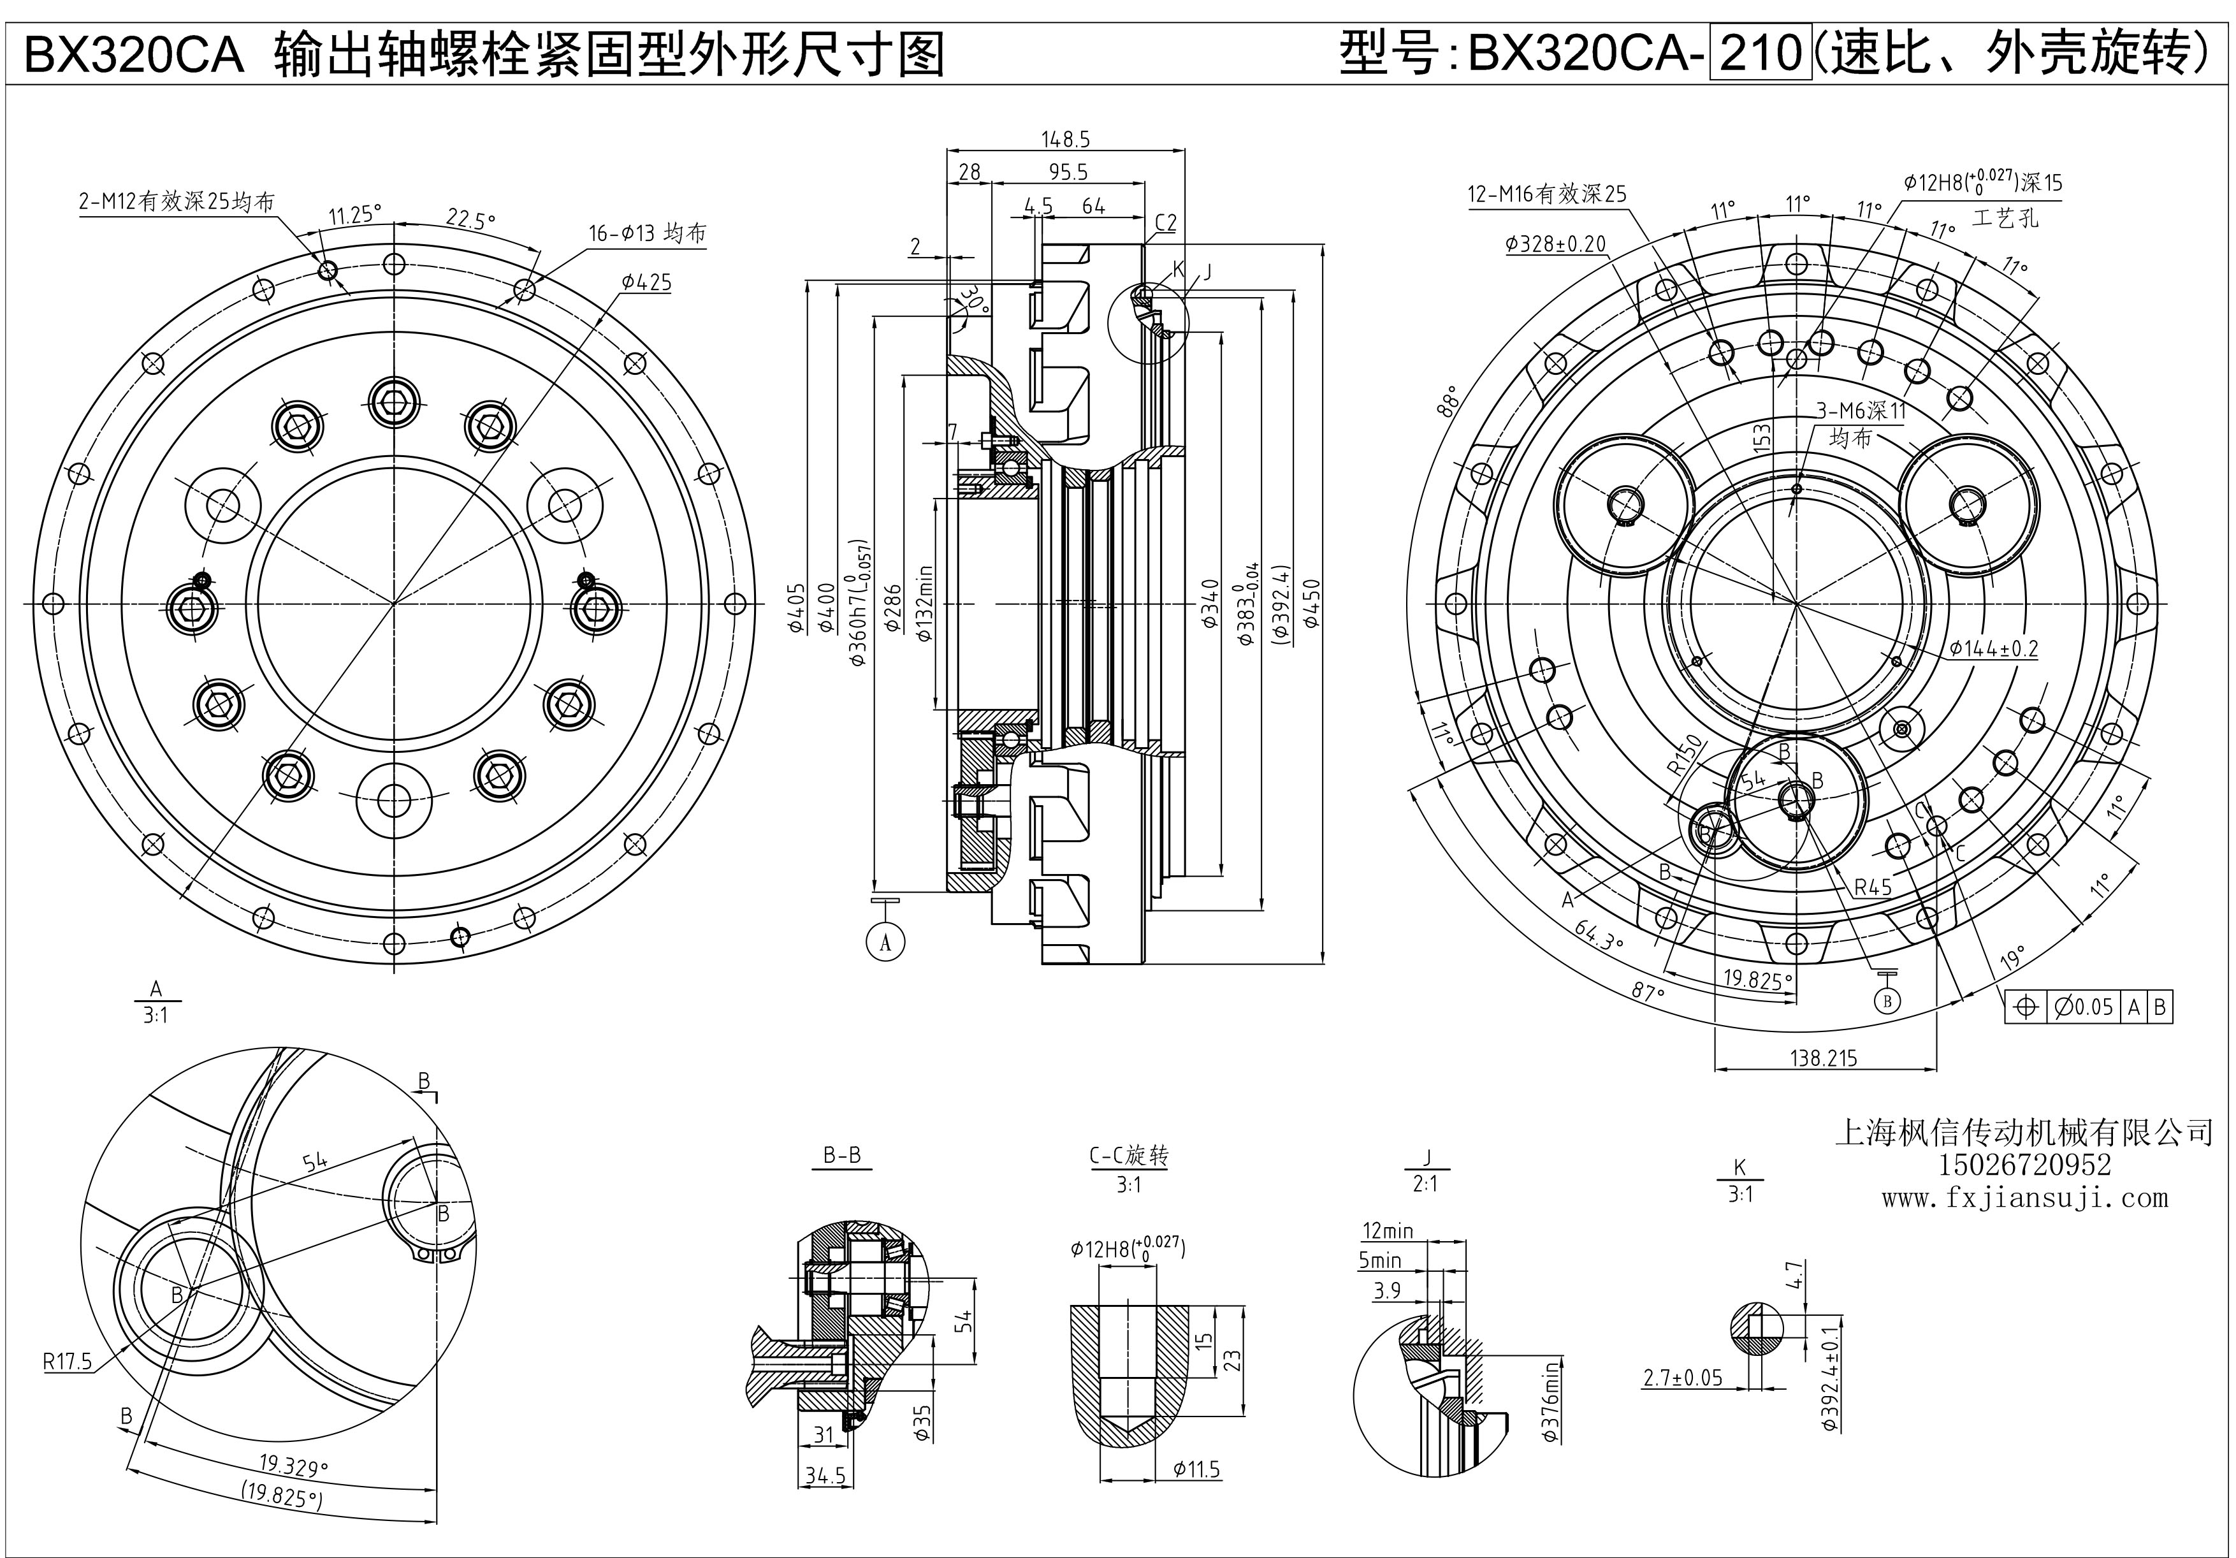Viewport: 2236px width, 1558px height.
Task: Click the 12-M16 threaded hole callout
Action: (1546, 194)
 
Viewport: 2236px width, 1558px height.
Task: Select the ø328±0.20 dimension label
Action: (1555, 244)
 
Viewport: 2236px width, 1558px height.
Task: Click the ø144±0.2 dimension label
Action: (1994, 648)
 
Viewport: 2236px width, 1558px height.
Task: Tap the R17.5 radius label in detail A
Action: (67, 1360)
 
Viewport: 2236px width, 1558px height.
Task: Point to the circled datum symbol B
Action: (1887, 1000)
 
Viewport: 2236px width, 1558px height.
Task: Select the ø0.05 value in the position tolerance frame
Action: (2083, 1007)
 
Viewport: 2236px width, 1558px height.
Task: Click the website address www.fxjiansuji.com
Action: (2024, 1198)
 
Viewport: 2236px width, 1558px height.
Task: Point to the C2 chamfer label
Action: (1166, 223)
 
